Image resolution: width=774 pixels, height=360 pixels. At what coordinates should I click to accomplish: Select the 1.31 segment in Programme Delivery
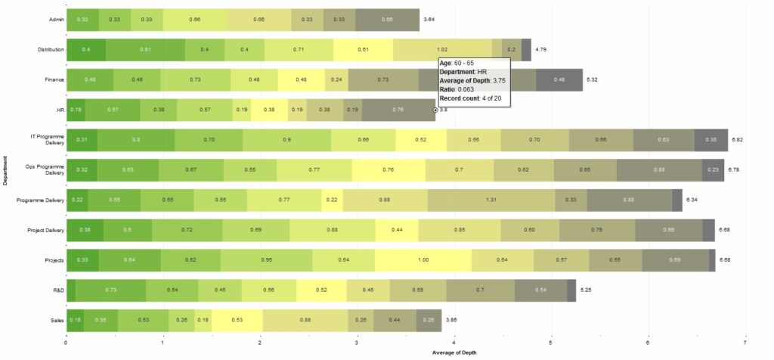(491, 200)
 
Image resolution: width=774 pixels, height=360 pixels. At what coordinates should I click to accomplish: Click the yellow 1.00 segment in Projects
(423, 259)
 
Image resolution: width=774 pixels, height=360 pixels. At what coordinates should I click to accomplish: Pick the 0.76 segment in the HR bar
(398, 110)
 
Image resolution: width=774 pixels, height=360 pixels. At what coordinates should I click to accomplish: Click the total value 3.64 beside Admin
(429, 19)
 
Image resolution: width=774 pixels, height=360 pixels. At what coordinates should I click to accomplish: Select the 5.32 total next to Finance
(593, 79)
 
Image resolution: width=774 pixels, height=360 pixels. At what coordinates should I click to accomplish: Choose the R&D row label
(57, 290)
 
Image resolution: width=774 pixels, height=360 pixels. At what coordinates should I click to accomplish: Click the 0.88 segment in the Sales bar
(305, 320)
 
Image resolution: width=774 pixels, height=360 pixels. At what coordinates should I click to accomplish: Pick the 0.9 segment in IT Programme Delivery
(287, 140)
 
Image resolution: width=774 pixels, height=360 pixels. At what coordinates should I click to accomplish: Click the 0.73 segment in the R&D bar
(110, 290)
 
